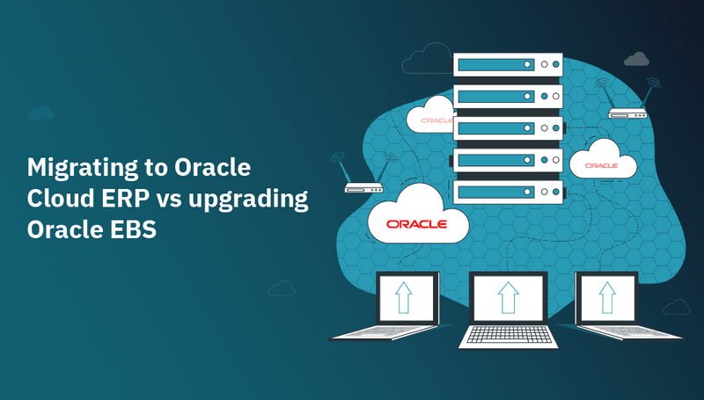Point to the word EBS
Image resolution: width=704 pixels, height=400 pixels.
point(130,230)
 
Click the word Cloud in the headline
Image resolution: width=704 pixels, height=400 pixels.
point(57,200)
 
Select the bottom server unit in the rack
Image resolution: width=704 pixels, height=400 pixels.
point(507,190)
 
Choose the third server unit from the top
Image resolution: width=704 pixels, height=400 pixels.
point(507,127)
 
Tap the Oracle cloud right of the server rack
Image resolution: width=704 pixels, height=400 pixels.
point(605,162)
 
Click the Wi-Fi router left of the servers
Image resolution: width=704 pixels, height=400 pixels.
point(363,185)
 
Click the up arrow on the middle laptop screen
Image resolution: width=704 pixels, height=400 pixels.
point(508,298)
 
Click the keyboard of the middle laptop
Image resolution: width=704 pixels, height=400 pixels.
point(507,335)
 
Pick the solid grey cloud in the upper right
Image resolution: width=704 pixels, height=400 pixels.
point(636,59)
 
